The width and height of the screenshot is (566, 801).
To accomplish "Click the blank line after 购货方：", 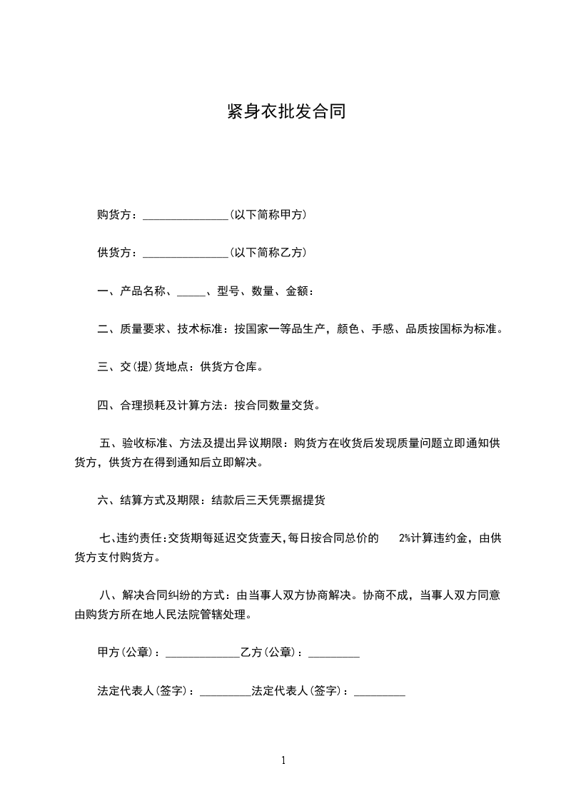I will click(185, 216).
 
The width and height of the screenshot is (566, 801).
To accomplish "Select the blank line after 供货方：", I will click(185, 253).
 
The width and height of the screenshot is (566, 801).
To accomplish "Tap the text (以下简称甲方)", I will click(268, 214).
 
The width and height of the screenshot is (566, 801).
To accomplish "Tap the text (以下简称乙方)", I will click(268, 252).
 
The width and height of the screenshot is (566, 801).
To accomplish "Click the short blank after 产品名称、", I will click(190, 292).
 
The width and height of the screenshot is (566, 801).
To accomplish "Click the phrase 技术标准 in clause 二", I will click(201, 329).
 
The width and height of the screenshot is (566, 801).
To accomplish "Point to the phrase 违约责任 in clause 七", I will click(141, 538).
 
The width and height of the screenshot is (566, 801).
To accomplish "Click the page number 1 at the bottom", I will click(283, 760).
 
